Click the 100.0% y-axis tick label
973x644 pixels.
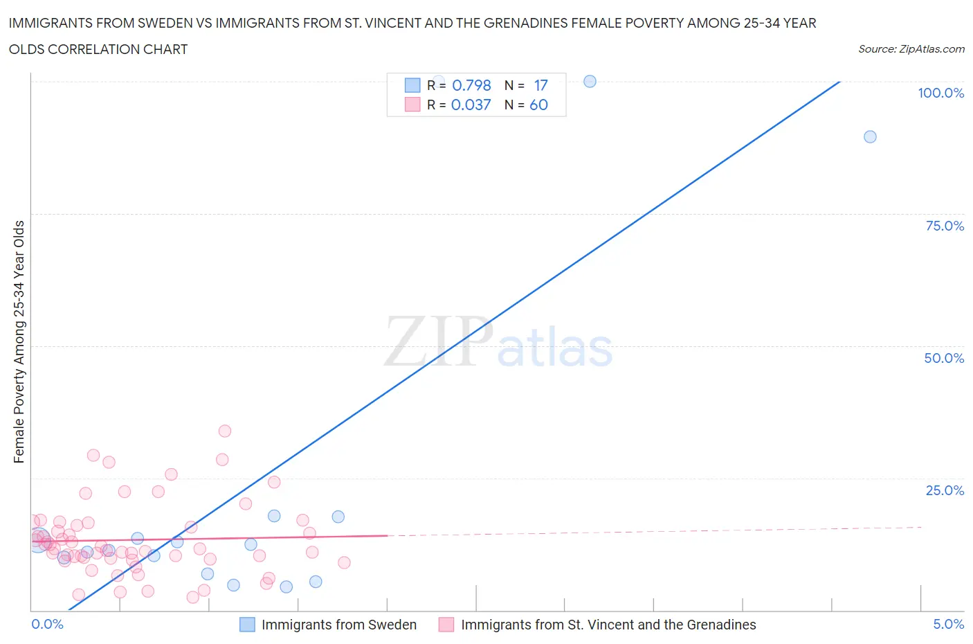(940, 93)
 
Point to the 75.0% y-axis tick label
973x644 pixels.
(945, 226)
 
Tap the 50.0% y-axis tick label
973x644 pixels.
(944, 358)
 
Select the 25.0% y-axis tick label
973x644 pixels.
(945, 490)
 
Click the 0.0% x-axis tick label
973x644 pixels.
(47, 624)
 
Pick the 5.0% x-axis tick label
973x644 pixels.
(948, 624)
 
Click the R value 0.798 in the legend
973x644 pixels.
(471, 85)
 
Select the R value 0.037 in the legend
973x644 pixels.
(471, 105)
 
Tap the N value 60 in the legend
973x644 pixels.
(538, 105)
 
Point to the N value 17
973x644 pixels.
(540, 85)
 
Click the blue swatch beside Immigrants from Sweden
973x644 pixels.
(247, 625)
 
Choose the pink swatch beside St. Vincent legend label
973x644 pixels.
(446, 625)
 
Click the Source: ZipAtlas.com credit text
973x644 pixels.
(911, 48)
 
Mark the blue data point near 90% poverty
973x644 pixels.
(870, 136)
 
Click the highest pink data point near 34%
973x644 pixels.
(224, 431)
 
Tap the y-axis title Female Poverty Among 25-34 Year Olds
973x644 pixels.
(19, 341)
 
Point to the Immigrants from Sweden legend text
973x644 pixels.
(338, 625)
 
